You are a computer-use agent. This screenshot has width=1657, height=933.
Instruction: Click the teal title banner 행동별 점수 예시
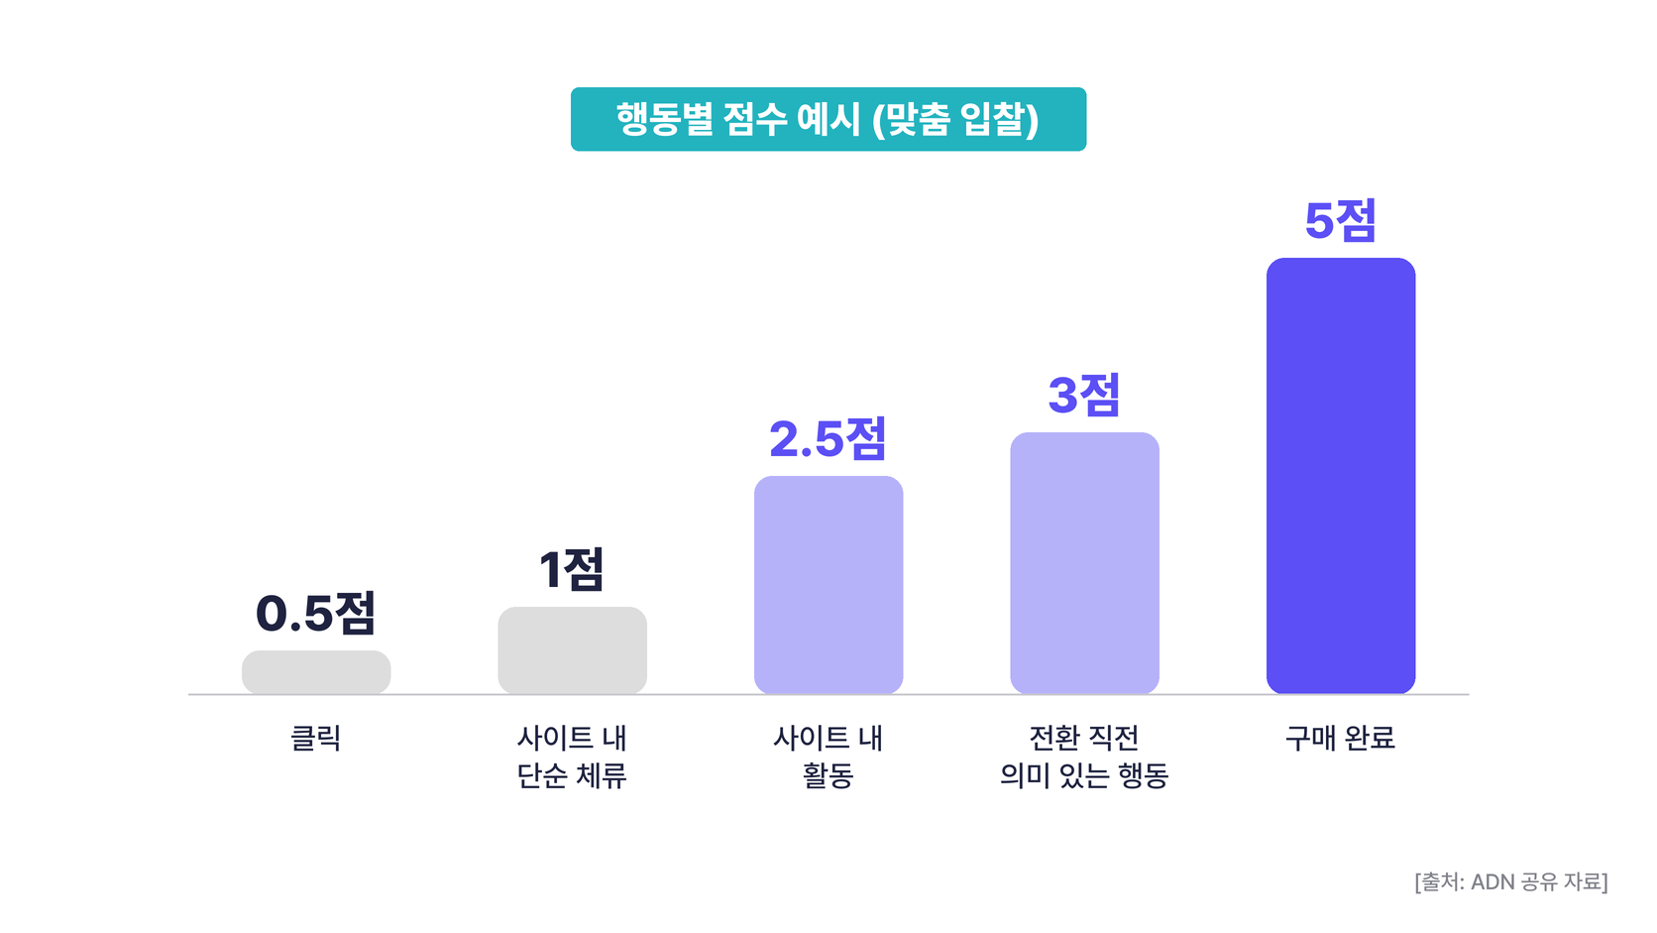[828, 119]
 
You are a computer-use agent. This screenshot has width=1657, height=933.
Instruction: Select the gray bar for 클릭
[316, 672]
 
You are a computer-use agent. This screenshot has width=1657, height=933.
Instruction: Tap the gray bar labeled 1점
[572, 650]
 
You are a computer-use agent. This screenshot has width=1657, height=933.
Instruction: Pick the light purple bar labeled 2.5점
[828, 585]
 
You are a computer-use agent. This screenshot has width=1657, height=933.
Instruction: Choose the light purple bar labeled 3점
[1084, 563]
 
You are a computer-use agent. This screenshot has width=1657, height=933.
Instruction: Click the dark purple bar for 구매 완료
[1341, 476]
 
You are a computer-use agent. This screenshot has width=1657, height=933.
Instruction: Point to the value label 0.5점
[316, 614]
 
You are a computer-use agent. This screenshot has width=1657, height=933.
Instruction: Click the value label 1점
[572, 569]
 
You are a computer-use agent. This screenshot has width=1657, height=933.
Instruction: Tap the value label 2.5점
[828, 439]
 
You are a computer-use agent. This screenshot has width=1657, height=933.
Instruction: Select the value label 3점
[1084, 395]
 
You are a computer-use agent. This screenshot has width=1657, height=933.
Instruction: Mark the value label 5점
[1341, 220]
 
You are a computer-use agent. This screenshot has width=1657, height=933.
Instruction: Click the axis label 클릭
[316, 738]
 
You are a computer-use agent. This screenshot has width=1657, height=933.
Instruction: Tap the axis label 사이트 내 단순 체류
[572, 757]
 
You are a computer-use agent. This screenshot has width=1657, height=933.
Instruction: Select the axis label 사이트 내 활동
[828, 757]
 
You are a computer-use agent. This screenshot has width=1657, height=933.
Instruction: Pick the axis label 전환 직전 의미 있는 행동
[1084, 757]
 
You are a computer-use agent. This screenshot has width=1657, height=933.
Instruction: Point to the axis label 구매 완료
[1341, 738]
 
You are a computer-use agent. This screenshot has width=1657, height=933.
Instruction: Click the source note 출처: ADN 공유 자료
[1511, 882]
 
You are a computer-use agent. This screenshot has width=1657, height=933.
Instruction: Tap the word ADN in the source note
[1490, 882]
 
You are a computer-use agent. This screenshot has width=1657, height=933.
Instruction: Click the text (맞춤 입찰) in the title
[955, 120]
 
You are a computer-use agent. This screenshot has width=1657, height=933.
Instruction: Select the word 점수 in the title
[754, 119]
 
